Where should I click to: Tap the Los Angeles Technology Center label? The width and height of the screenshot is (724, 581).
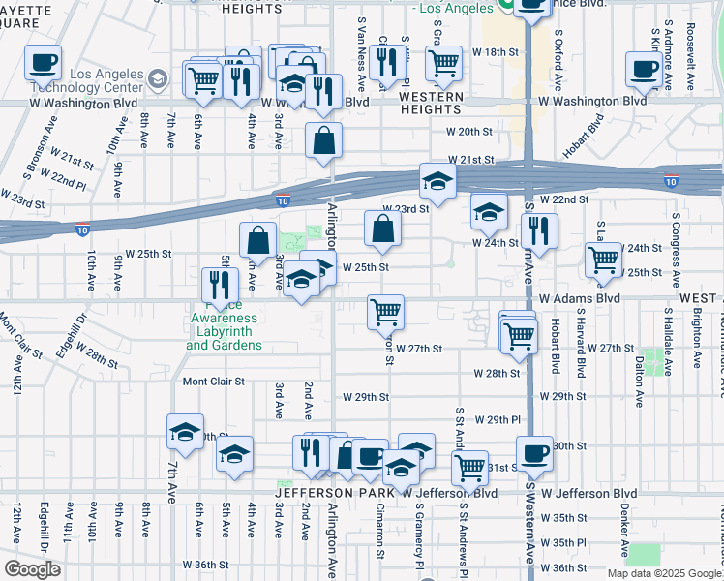(93, 81)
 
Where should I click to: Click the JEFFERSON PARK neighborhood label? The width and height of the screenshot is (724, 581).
(333, 493)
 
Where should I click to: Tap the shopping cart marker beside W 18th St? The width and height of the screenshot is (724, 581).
(443, 63)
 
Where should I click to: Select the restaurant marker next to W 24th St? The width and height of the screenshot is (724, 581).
(538, 230)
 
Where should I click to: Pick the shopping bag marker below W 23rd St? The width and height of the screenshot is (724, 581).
(383, 229)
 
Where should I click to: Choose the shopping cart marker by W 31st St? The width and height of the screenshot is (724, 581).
(469, 467)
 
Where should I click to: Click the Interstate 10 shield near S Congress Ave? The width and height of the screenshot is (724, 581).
(671, 181)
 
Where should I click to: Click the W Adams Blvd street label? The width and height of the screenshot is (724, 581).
(579, 299)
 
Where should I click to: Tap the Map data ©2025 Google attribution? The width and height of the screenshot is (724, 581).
(664, 573)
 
